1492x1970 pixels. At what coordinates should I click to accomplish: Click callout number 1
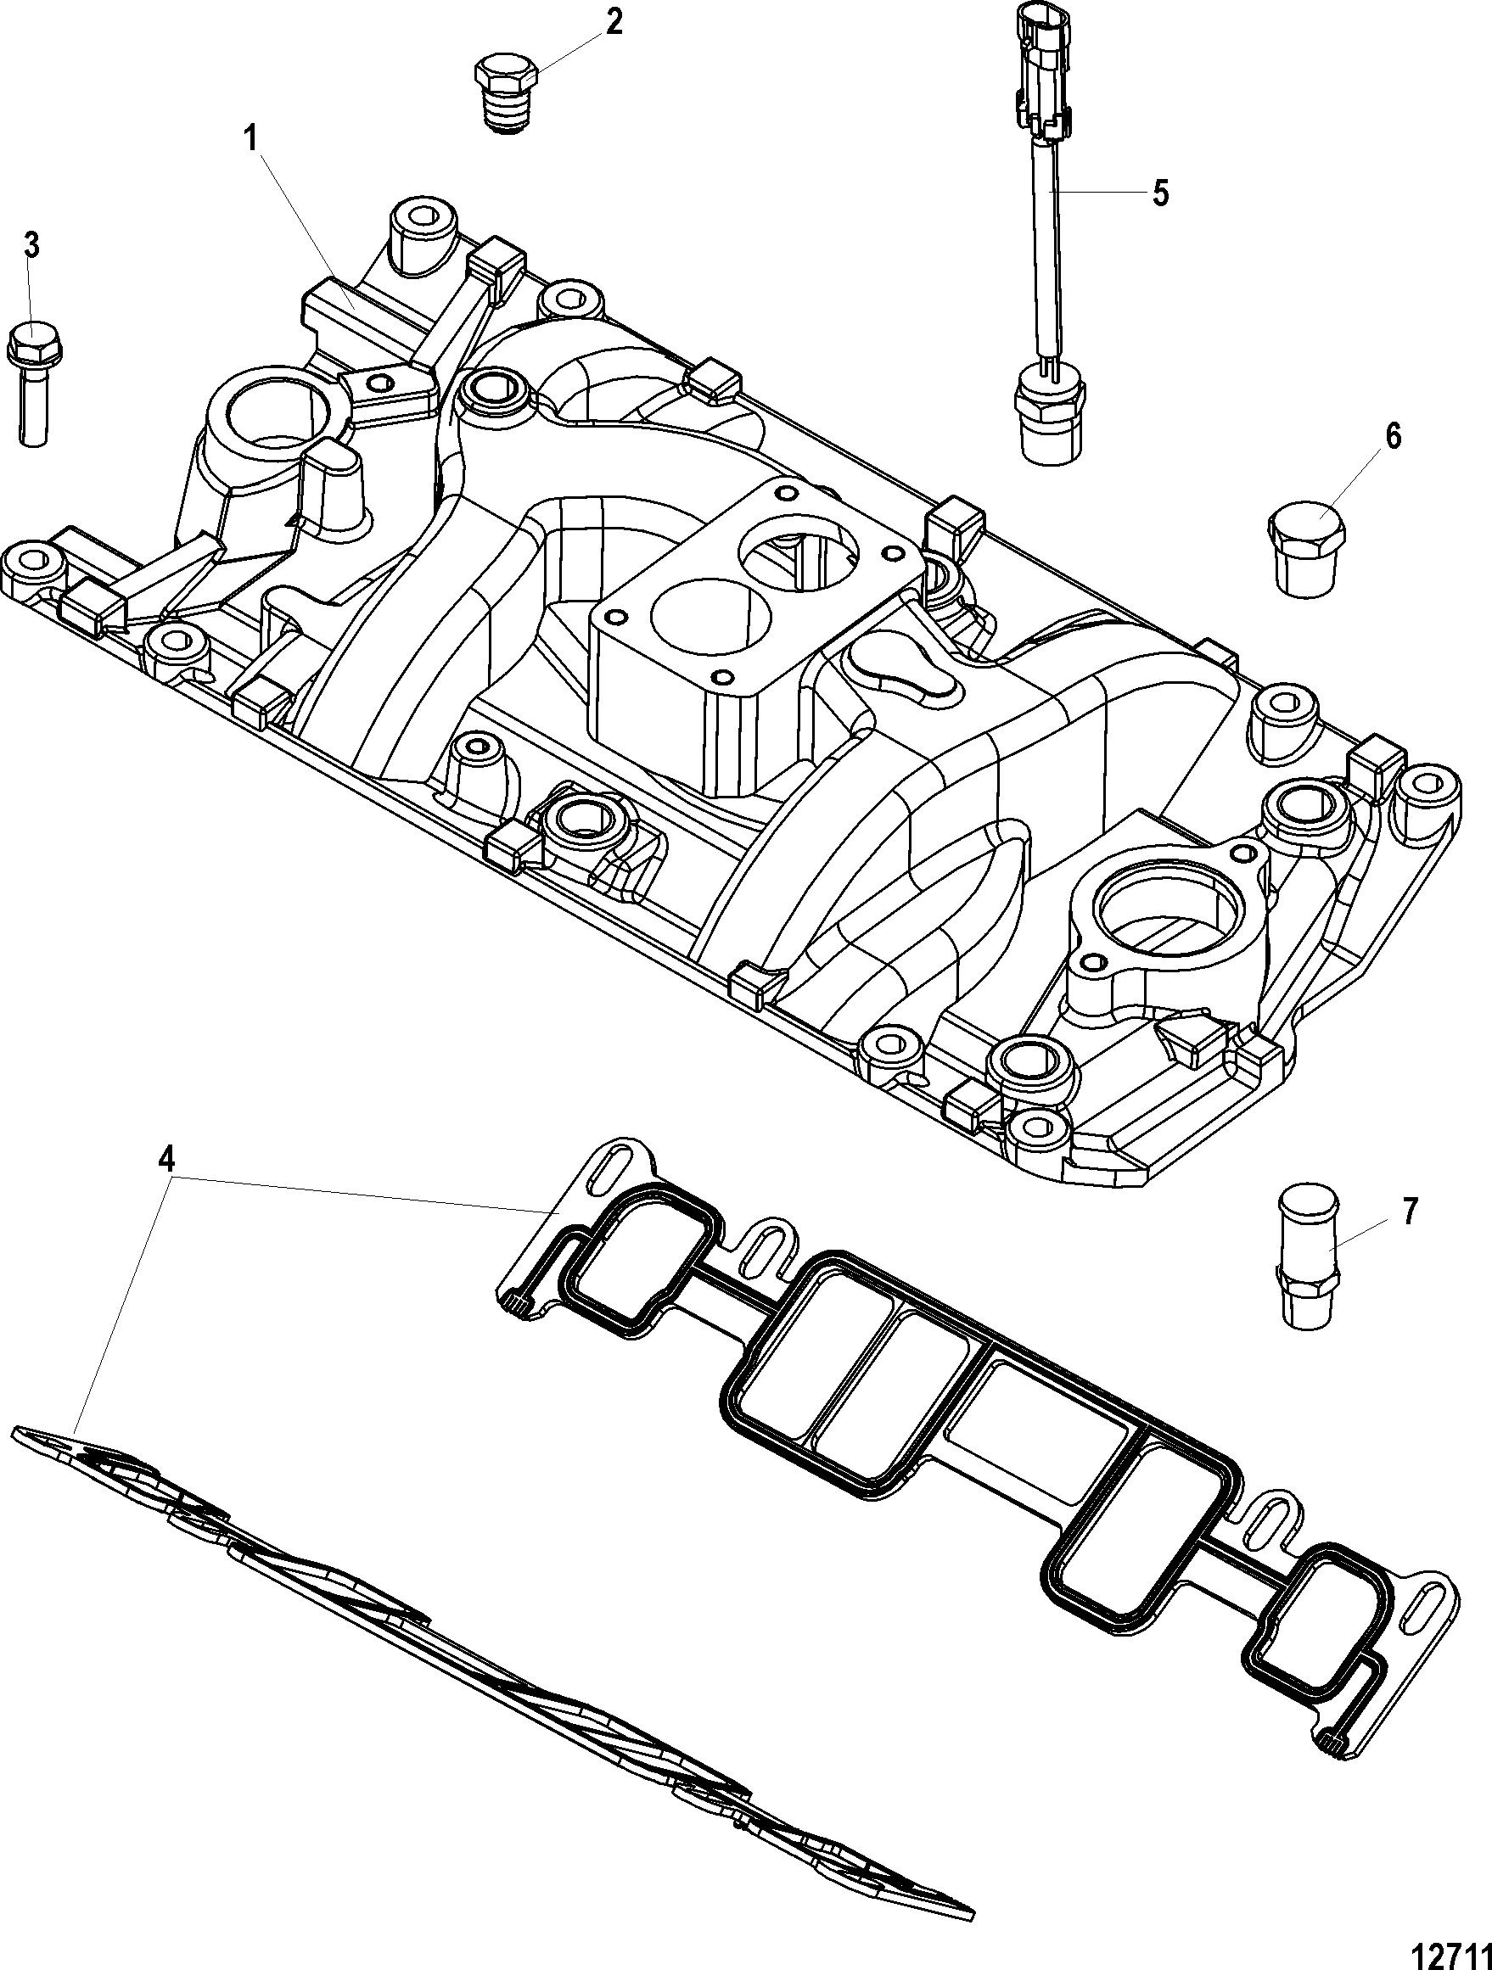251,141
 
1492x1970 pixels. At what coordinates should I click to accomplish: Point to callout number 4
166,1159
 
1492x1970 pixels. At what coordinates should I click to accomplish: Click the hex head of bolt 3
33,343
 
